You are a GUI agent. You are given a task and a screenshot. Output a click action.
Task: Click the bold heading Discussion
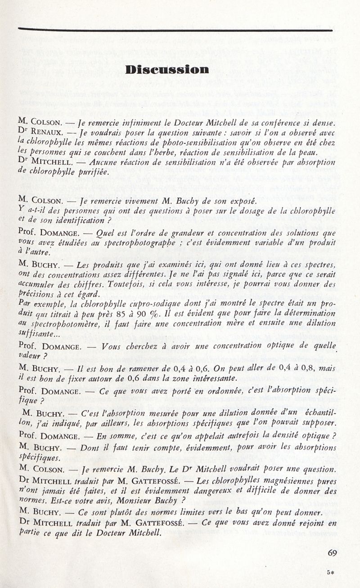pos(167,70)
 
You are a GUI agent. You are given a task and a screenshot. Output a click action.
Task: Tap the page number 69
pos(333,553)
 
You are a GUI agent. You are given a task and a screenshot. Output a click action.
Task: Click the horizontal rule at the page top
pos(175,30)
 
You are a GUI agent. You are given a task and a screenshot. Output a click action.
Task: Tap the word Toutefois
pos(126,284)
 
